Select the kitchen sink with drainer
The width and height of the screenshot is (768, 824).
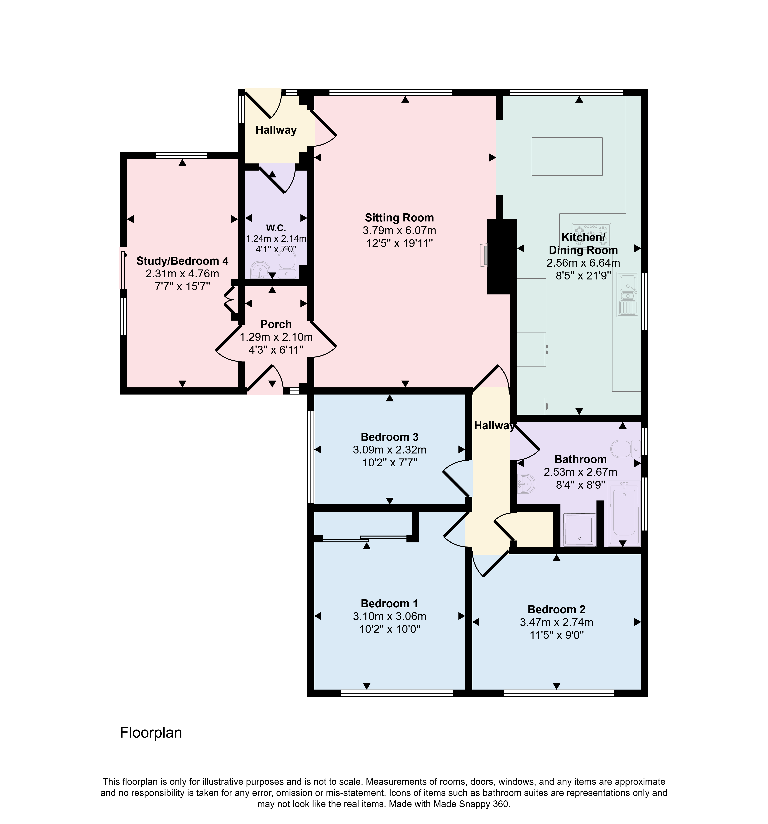pos(628,295)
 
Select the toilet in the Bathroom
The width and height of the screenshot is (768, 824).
pos(625,448)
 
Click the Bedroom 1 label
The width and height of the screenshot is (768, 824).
pos(389,603)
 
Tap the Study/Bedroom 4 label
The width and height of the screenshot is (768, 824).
pos(182,261)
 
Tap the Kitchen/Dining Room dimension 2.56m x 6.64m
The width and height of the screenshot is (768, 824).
pos(583,263)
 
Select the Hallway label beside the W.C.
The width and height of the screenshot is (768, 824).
pos(276,130)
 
